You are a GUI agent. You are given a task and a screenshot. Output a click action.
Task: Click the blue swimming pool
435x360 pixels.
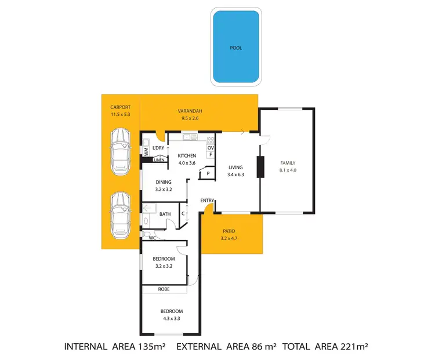click(235, 47)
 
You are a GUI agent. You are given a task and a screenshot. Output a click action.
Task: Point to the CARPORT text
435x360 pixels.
click(120, 107)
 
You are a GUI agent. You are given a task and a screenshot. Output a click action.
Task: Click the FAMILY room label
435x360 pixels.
click(288, 163)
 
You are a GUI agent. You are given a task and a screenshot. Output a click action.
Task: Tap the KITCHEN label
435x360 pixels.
click(187, 156)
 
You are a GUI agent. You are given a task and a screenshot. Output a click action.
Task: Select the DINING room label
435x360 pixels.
click(163, 182)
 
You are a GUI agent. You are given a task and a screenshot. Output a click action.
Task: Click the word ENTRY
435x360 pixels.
click(207, 201)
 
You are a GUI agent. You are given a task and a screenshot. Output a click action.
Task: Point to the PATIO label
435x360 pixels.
click(229, 231)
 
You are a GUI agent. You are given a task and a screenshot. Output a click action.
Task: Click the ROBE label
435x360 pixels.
click(164, 289)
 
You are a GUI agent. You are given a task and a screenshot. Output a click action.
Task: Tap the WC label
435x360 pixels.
click(152, 238)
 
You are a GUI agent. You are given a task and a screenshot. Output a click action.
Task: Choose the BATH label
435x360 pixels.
click(165, 214)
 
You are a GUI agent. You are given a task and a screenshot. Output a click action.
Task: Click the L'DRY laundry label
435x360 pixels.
click(158, 148)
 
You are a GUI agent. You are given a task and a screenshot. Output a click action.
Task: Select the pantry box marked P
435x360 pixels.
click(207, 173)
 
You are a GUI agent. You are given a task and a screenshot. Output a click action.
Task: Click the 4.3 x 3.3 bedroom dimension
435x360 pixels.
click(172, 318)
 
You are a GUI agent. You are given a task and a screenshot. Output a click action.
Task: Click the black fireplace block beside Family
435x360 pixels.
click(260, 166)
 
